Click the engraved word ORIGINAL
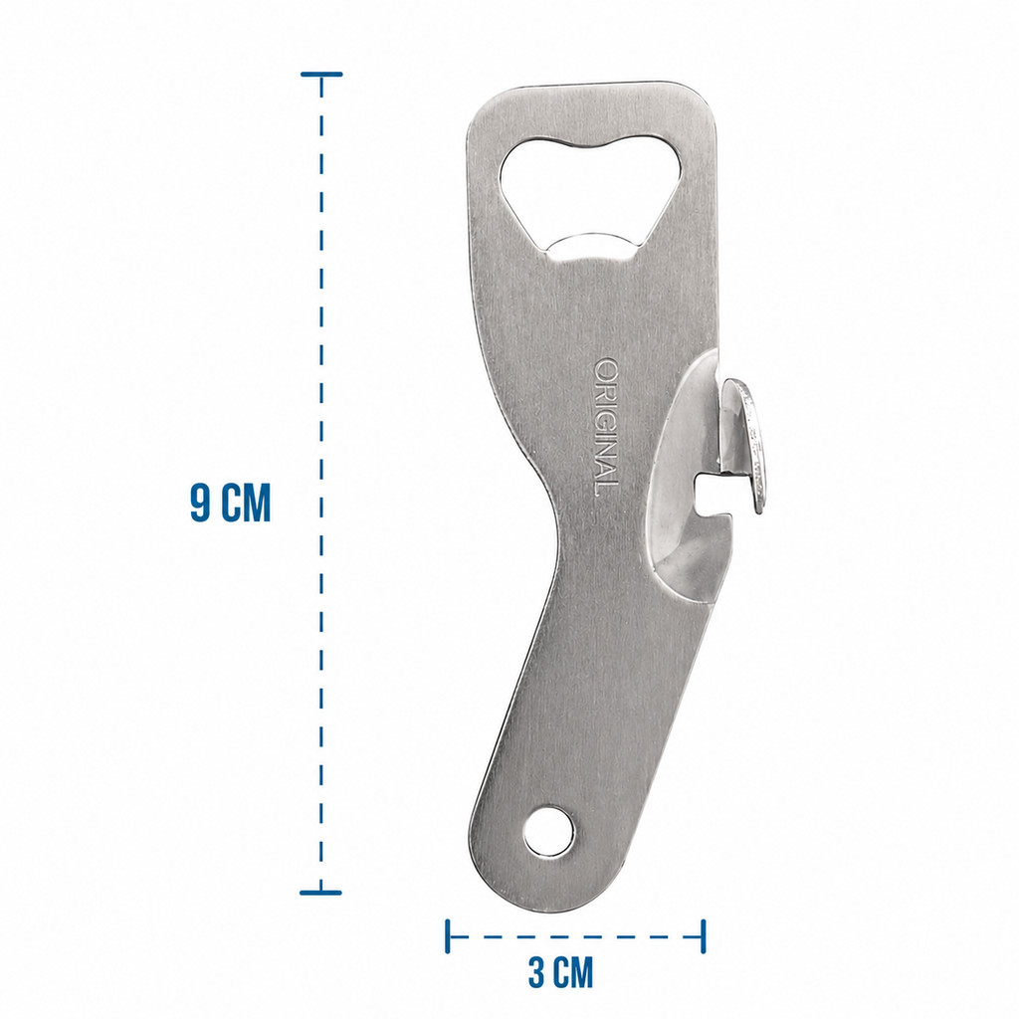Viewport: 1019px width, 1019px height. point(606,428)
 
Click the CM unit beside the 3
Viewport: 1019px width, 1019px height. point(574,972)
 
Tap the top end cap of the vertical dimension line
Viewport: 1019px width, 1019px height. point(321,75)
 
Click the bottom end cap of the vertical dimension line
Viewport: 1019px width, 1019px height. point(321,893)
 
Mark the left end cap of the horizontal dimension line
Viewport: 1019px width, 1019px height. point(448,935)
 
